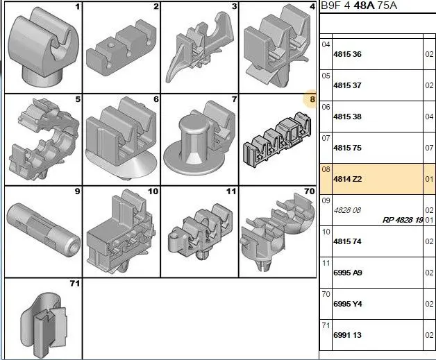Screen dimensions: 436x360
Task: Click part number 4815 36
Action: click(x=347, y=54)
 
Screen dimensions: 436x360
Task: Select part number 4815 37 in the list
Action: click(x=347, y=85)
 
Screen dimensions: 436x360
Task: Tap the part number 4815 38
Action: click(x=347, y=117)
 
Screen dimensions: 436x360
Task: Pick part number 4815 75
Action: click(x=347, y=148)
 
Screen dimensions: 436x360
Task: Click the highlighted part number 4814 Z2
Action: click(x=348, y=179)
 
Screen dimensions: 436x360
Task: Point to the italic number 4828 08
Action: click(x=347, y=210)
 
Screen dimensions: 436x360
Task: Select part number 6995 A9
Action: click(x=348, y=273)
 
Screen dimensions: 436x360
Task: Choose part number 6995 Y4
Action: click(x=348, y=304)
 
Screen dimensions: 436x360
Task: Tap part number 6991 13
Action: click(x=347, y=335)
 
